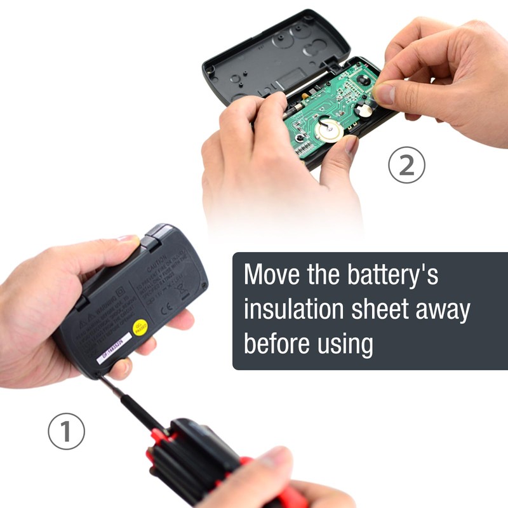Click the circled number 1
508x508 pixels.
[66, 432]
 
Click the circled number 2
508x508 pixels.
[406, 165]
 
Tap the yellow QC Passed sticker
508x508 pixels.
[141, 327]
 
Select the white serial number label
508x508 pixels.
[112, 349]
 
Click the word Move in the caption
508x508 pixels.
[274, 276]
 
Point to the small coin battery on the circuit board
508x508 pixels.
[364, 110]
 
